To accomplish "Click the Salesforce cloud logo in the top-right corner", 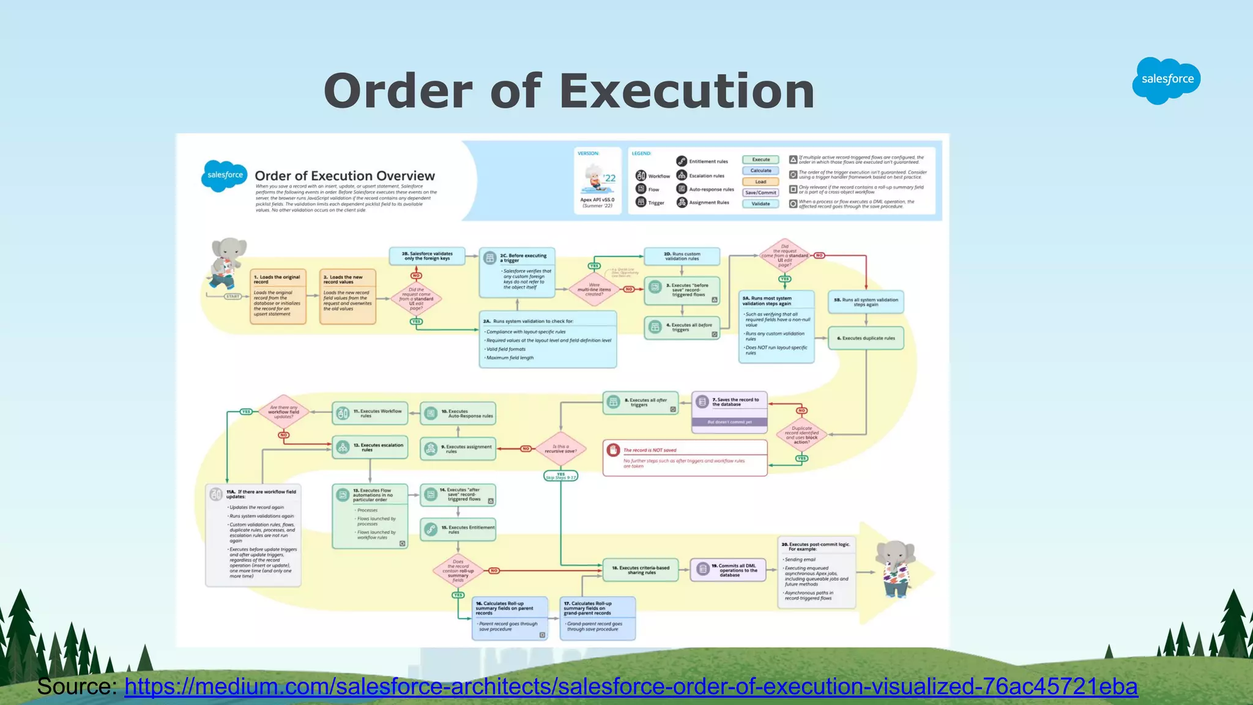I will tap(1166, 80).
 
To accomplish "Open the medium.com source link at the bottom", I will tap(630, 686).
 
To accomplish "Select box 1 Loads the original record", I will tap(278, 297).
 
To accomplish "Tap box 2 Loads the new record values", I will tap(348, 297).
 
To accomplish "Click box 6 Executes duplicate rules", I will tap(866, 338).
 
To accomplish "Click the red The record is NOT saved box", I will tap(685, 457).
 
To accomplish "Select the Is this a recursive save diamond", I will tap(560, 449).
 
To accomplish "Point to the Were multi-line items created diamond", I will tap(594, 289).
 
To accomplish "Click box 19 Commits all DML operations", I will tap(728, 570).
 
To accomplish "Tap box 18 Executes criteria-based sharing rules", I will tap(640, 570).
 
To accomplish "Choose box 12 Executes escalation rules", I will tap(370, 448).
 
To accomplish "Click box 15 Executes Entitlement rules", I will tap(458, 530).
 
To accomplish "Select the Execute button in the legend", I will tap(760, 160).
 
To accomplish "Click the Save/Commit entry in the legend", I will tap(760, 193).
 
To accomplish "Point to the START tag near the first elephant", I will tap(232, 297).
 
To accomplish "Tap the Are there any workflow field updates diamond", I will tap(283, 412).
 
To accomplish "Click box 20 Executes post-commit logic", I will tap(816, 572).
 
